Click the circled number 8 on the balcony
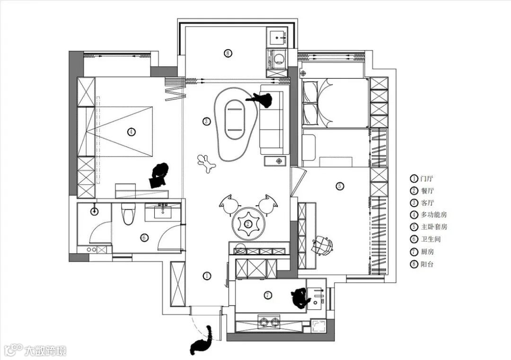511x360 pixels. coord(228,53)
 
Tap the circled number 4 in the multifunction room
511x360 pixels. coord(131,132)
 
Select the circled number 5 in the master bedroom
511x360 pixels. coord(340,186)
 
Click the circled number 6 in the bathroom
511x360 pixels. coord(144,238)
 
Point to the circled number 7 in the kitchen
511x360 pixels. coord(268,295)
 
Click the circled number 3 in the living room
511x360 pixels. coord(206,121)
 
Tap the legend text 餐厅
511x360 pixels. coord(427,191)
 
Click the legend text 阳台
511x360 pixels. coord(427,264)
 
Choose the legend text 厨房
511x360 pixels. coord(427,252)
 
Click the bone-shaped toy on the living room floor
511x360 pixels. coord(206,163)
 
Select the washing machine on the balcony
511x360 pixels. coord(277,59)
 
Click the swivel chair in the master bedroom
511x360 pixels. coord(322,245)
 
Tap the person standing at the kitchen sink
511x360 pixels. coord(300,298)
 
